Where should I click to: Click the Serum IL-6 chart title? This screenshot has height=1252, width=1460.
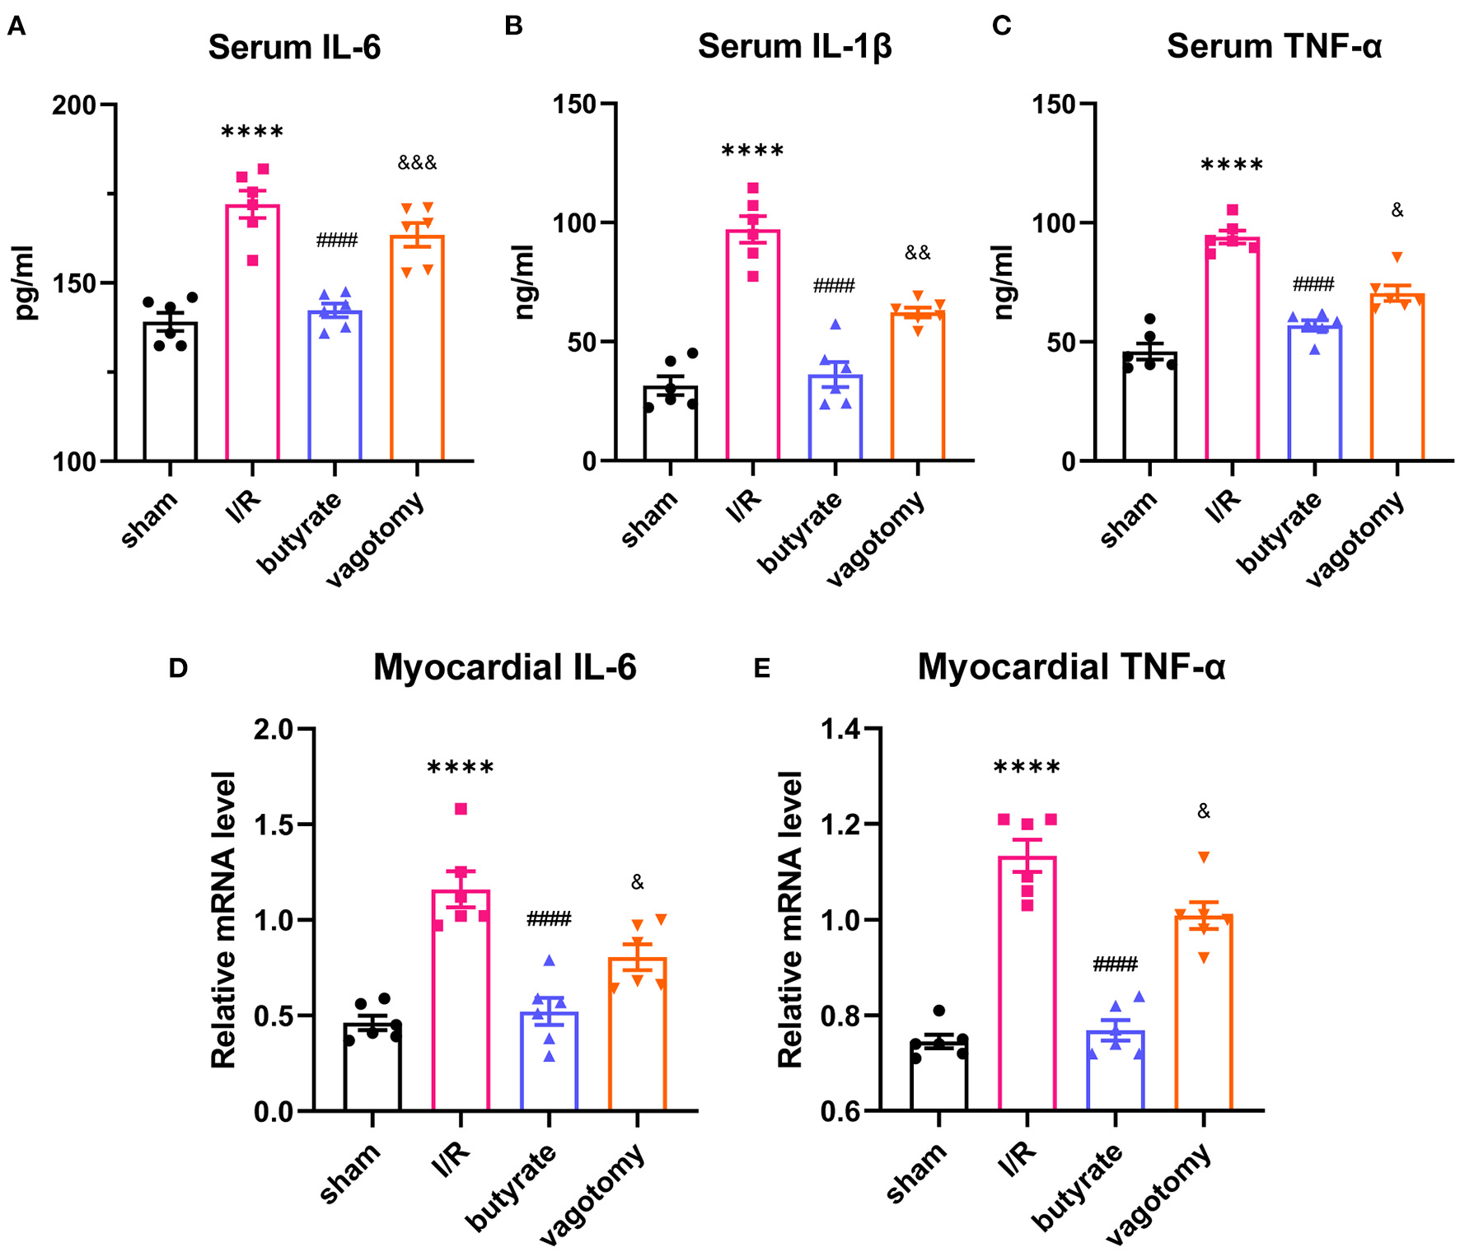click(294, 48)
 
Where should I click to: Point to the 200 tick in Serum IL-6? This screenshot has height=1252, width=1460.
click(74, 105)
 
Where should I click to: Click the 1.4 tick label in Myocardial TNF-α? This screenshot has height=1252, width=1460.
click(840, 729)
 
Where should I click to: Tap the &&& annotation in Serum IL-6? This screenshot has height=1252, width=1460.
click(417, 163)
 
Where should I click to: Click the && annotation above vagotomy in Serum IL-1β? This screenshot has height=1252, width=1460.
click(917, 253)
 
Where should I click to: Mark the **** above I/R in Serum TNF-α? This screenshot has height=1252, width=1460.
click(1232, 166)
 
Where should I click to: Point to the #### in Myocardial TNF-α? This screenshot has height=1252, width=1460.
click(1115, 965)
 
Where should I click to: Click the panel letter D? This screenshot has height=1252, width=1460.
click(178, 668)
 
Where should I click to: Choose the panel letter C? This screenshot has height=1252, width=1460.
click(1001, 26)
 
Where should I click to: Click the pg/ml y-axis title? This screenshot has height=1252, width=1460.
click(25, 282)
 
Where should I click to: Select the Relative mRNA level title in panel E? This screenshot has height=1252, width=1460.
click(789, 919)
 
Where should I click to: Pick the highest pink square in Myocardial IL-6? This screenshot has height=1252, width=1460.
click(461, 809)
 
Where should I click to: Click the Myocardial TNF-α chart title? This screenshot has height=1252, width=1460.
click(1071, 667)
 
